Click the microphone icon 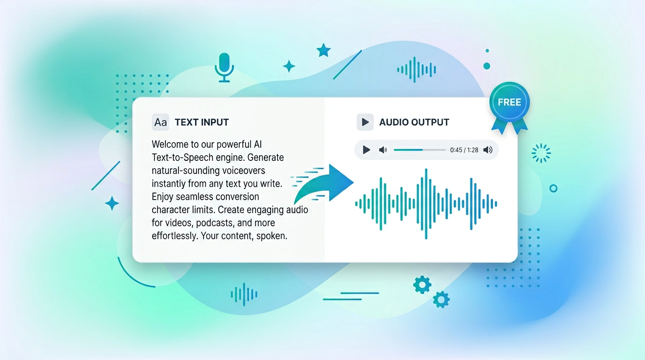click(224, 66)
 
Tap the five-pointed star click(323, 50)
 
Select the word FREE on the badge click(509, 102)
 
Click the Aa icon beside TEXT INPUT click(160, 122)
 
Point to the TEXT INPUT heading click(202, 122)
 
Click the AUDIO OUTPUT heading click(414, 122)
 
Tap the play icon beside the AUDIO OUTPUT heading click(365, 122)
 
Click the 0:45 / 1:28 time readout click(464, 150)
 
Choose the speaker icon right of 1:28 click(487, 150)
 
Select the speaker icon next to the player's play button click(383, 150)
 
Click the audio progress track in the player click(420, 150)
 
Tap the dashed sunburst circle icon click(541, 153)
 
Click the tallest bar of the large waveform click(426, 204)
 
